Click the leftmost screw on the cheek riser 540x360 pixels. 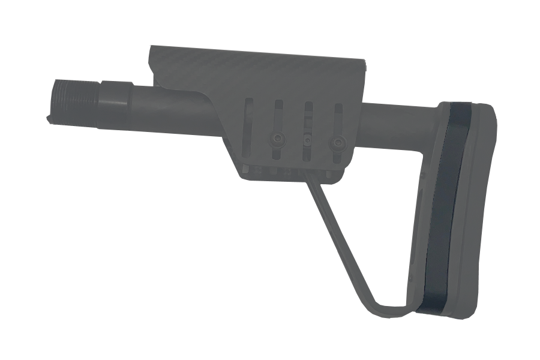coord(277,139)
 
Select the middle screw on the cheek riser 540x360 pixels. coord(307,141)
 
